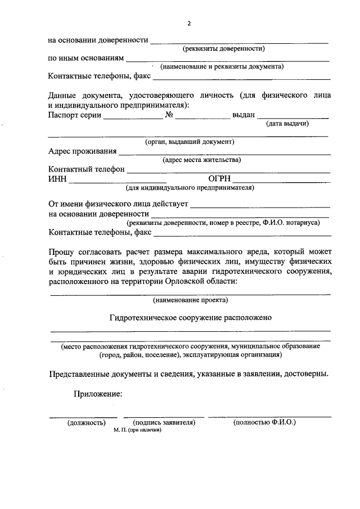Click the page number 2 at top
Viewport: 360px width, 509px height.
coord(190,23)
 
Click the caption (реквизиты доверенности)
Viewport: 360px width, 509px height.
coord(223,49)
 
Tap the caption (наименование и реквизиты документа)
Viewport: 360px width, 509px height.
coord(222,66)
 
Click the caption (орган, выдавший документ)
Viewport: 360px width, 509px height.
coord(190,142)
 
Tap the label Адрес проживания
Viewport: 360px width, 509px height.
coord(83,151)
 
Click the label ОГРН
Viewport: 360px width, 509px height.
coord(220,178)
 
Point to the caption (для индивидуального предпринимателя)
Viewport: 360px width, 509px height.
coord(190,187)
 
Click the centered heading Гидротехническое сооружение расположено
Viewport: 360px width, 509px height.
coord(190,318)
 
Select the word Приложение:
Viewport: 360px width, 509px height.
coord(97,394)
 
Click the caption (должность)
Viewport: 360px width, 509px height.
coord(87,422)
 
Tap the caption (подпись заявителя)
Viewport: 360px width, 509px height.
coord(163,422)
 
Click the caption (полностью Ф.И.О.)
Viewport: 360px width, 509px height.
coord(264,422)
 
